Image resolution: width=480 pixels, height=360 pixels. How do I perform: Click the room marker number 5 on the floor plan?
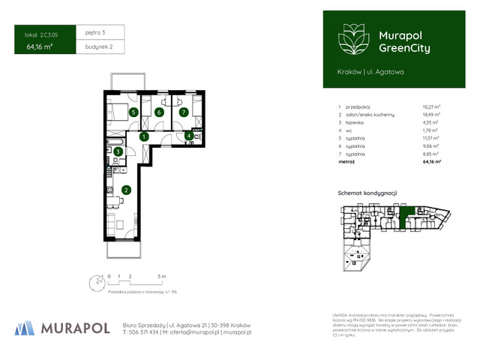133,112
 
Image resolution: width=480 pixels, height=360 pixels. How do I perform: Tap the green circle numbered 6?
158,112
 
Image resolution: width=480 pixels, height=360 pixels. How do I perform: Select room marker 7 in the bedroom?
183,112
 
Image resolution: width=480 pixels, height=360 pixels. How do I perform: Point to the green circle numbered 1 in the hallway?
143,136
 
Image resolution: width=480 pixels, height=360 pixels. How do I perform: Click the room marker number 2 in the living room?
127,190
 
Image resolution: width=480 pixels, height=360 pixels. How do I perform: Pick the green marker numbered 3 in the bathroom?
118,151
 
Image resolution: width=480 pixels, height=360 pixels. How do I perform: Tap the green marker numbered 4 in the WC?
189,136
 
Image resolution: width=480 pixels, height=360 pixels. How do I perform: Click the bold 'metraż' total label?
346,160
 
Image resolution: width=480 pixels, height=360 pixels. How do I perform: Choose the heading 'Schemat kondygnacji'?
367,193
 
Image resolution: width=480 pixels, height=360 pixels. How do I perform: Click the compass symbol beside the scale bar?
95,283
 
